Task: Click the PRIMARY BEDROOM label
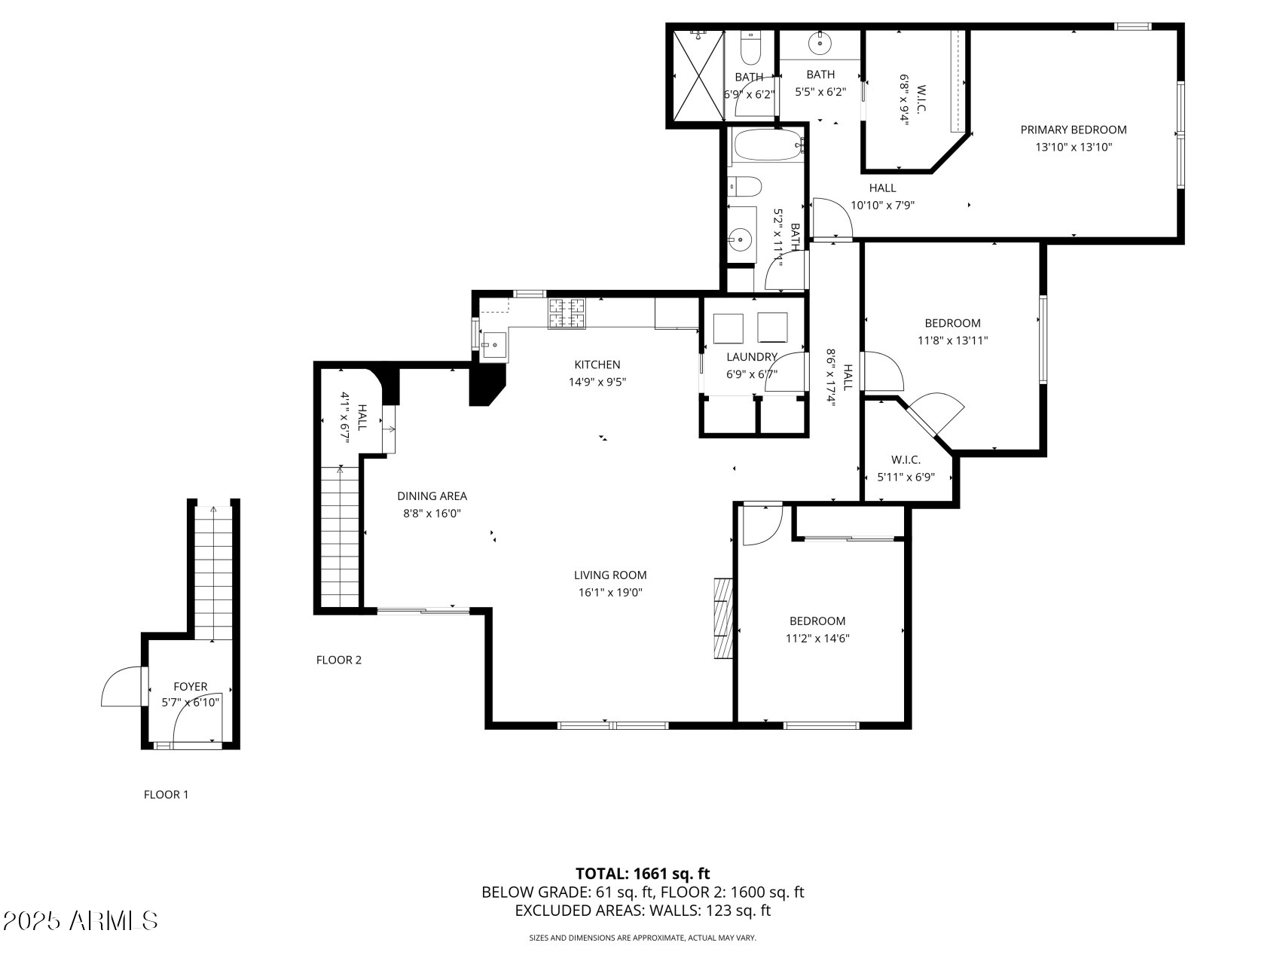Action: click(1073, 130)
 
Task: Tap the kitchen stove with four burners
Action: click(567, 313)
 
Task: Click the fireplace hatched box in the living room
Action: click(723, 619)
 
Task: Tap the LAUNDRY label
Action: click(751, 357)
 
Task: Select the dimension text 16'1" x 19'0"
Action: click(609, 593)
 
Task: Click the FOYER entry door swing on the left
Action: click(121, 687)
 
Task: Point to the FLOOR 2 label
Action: click(338, 660)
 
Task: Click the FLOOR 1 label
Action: click(166, 795)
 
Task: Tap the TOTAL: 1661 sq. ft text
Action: click(642, 874)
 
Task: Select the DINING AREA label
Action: click(432, 496)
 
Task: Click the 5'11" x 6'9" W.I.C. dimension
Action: click(906, 477)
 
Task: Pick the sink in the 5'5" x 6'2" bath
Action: click(819, 44)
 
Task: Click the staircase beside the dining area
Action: click(341, 536)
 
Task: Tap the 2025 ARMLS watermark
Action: click(80, 920)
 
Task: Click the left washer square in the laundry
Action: click(728, 328)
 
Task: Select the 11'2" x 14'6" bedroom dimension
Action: click(817, 639)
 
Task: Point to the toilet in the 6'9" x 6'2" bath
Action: click(750, 50)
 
